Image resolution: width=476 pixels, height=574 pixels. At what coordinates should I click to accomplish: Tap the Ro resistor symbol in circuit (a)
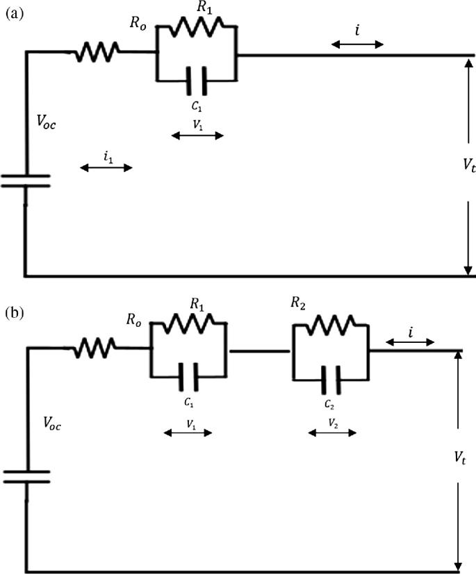(97, 50)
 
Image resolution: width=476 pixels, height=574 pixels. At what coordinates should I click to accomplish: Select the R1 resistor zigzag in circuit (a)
(197, 26)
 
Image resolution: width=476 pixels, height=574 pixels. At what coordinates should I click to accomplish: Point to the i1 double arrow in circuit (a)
(106, 167)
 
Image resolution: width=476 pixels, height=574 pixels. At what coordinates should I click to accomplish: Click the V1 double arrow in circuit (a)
(197, 135)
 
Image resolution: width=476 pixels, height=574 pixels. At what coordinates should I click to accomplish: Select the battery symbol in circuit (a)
(25, 181)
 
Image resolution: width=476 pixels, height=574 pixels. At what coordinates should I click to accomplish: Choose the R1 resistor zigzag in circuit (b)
(189, 324)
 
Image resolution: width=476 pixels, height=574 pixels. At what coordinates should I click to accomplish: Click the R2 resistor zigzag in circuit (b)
(331, 324)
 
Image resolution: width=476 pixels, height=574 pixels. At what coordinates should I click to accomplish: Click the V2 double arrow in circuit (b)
(332, 432)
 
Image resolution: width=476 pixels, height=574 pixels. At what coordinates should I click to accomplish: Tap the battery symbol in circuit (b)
(25, 476)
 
